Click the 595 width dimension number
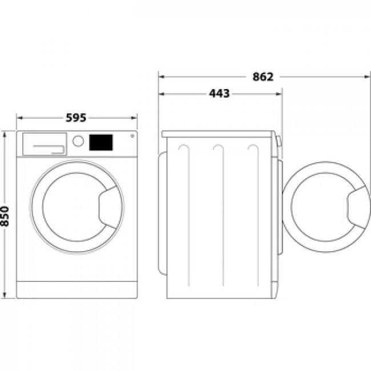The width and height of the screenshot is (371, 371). (x=76, y=118)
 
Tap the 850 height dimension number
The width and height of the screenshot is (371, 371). (x=6, y=215)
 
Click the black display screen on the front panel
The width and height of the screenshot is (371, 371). (x=101, y=142)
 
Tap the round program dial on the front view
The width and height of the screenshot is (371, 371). (x=78, y=141)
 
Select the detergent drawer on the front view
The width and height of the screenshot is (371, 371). (x=43, y=144)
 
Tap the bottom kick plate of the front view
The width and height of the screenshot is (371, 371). (x=76, y=289)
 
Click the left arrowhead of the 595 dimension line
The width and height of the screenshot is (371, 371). (x=18, y=118)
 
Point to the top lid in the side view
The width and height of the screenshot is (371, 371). (x=219, y=134)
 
